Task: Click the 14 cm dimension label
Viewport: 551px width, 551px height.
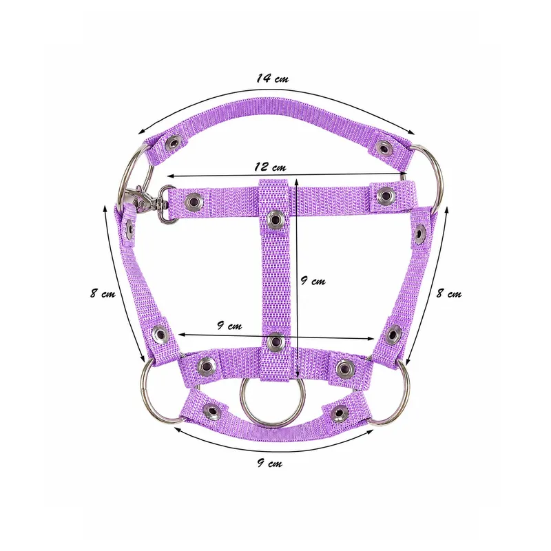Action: [272, 78]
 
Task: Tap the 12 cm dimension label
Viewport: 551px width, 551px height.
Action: [270, 166]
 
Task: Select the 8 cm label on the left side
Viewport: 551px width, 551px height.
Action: [103, 293]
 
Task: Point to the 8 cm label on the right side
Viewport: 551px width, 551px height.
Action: [449, 293]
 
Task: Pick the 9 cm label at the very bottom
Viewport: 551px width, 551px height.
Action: [269, 463]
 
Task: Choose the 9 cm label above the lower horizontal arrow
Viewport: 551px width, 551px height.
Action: [229, 325]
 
